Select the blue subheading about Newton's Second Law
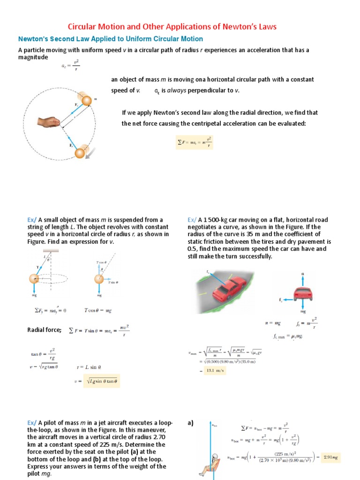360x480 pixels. (110, 39)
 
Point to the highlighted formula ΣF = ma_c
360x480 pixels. (194, 142)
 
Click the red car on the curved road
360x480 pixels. (230, 288)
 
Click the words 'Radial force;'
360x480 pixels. (45, 330)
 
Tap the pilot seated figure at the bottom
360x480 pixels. (216, 464)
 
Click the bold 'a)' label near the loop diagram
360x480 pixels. (191, 423)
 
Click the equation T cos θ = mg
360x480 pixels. (98, 310)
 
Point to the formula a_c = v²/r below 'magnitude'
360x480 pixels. (71, 67)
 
